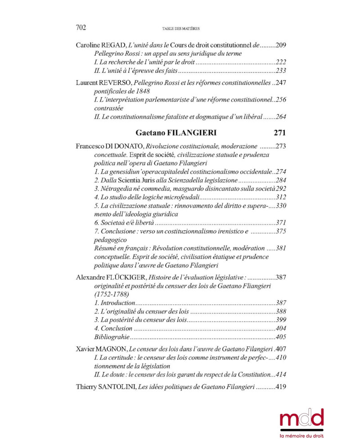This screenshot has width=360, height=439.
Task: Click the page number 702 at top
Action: point(81,28)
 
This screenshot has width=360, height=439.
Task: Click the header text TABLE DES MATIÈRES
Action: point(180,29)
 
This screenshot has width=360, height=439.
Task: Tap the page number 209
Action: point(280,45)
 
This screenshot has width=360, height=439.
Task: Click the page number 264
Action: point(280,116)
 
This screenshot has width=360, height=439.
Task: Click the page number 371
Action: point(280,223)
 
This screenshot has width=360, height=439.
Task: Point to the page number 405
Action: point(280,336)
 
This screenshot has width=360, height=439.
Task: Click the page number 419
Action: point(280,387)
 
